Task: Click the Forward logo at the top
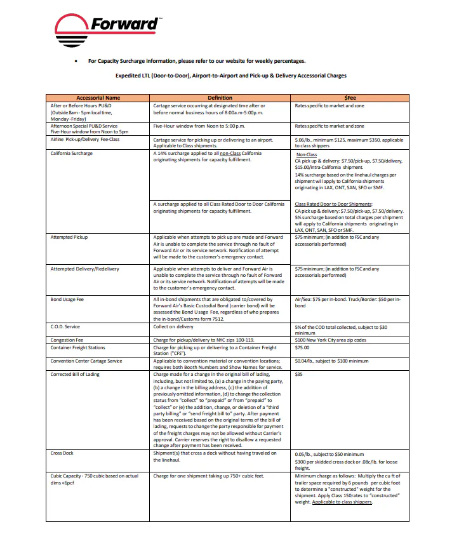(107, 30)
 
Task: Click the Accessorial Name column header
(98, 98)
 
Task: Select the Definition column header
(220, 98)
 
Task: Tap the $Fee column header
(350, 98)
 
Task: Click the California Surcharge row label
(72, 154)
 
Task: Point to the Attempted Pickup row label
(69, 237)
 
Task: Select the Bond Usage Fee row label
(67, 299)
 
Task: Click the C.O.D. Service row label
(65, 327)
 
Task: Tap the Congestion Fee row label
(67, 340)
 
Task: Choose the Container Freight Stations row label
(78, 348)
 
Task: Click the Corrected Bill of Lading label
(75, 375)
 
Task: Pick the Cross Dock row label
(62, 453)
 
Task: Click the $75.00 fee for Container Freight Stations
(303, 348)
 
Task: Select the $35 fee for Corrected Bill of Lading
(300, 375)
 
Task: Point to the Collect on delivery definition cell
(173, 327)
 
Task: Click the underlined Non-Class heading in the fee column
(307, 154)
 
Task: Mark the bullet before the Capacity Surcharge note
(76, 62)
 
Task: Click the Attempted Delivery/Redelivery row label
(84, 269)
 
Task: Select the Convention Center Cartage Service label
(86, 361)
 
